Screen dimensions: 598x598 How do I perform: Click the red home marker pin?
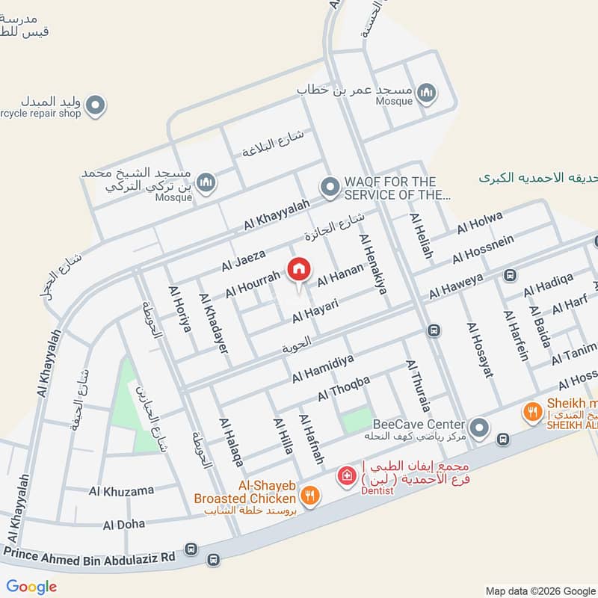[298, 268]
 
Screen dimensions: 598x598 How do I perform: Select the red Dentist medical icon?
[346, 475]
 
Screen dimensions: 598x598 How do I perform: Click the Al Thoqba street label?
[344, 387]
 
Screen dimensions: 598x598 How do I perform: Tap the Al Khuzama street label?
[121, 490]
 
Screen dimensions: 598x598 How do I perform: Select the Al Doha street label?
[124, 524]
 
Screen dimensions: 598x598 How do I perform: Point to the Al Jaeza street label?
[243, 261]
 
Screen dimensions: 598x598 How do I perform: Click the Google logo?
[31, 586]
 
